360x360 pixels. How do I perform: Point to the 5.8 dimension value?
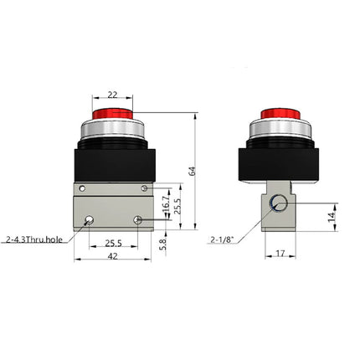[x=164, y=244]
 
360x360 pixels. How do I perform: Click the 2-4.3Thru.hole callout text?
[x=34, y=240]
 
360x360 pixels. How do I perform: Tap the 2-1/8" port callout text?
[x=222, y=240]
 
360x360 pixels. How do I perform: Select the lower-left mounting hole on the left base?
[x=90, y=221]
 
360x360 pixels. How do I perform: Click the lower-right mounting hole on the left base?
[x=139, y=221]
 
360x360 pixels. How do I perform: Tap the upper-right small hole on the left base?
[x=145, y=187]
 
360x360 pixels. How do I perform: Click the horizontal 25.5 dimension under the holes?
[x=114, y=244]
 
